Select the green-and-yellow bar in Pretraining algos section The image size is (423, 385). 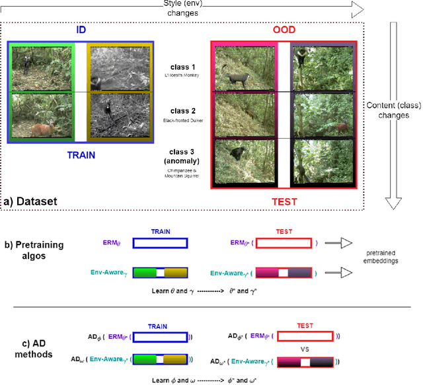[x=160, y=272]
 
